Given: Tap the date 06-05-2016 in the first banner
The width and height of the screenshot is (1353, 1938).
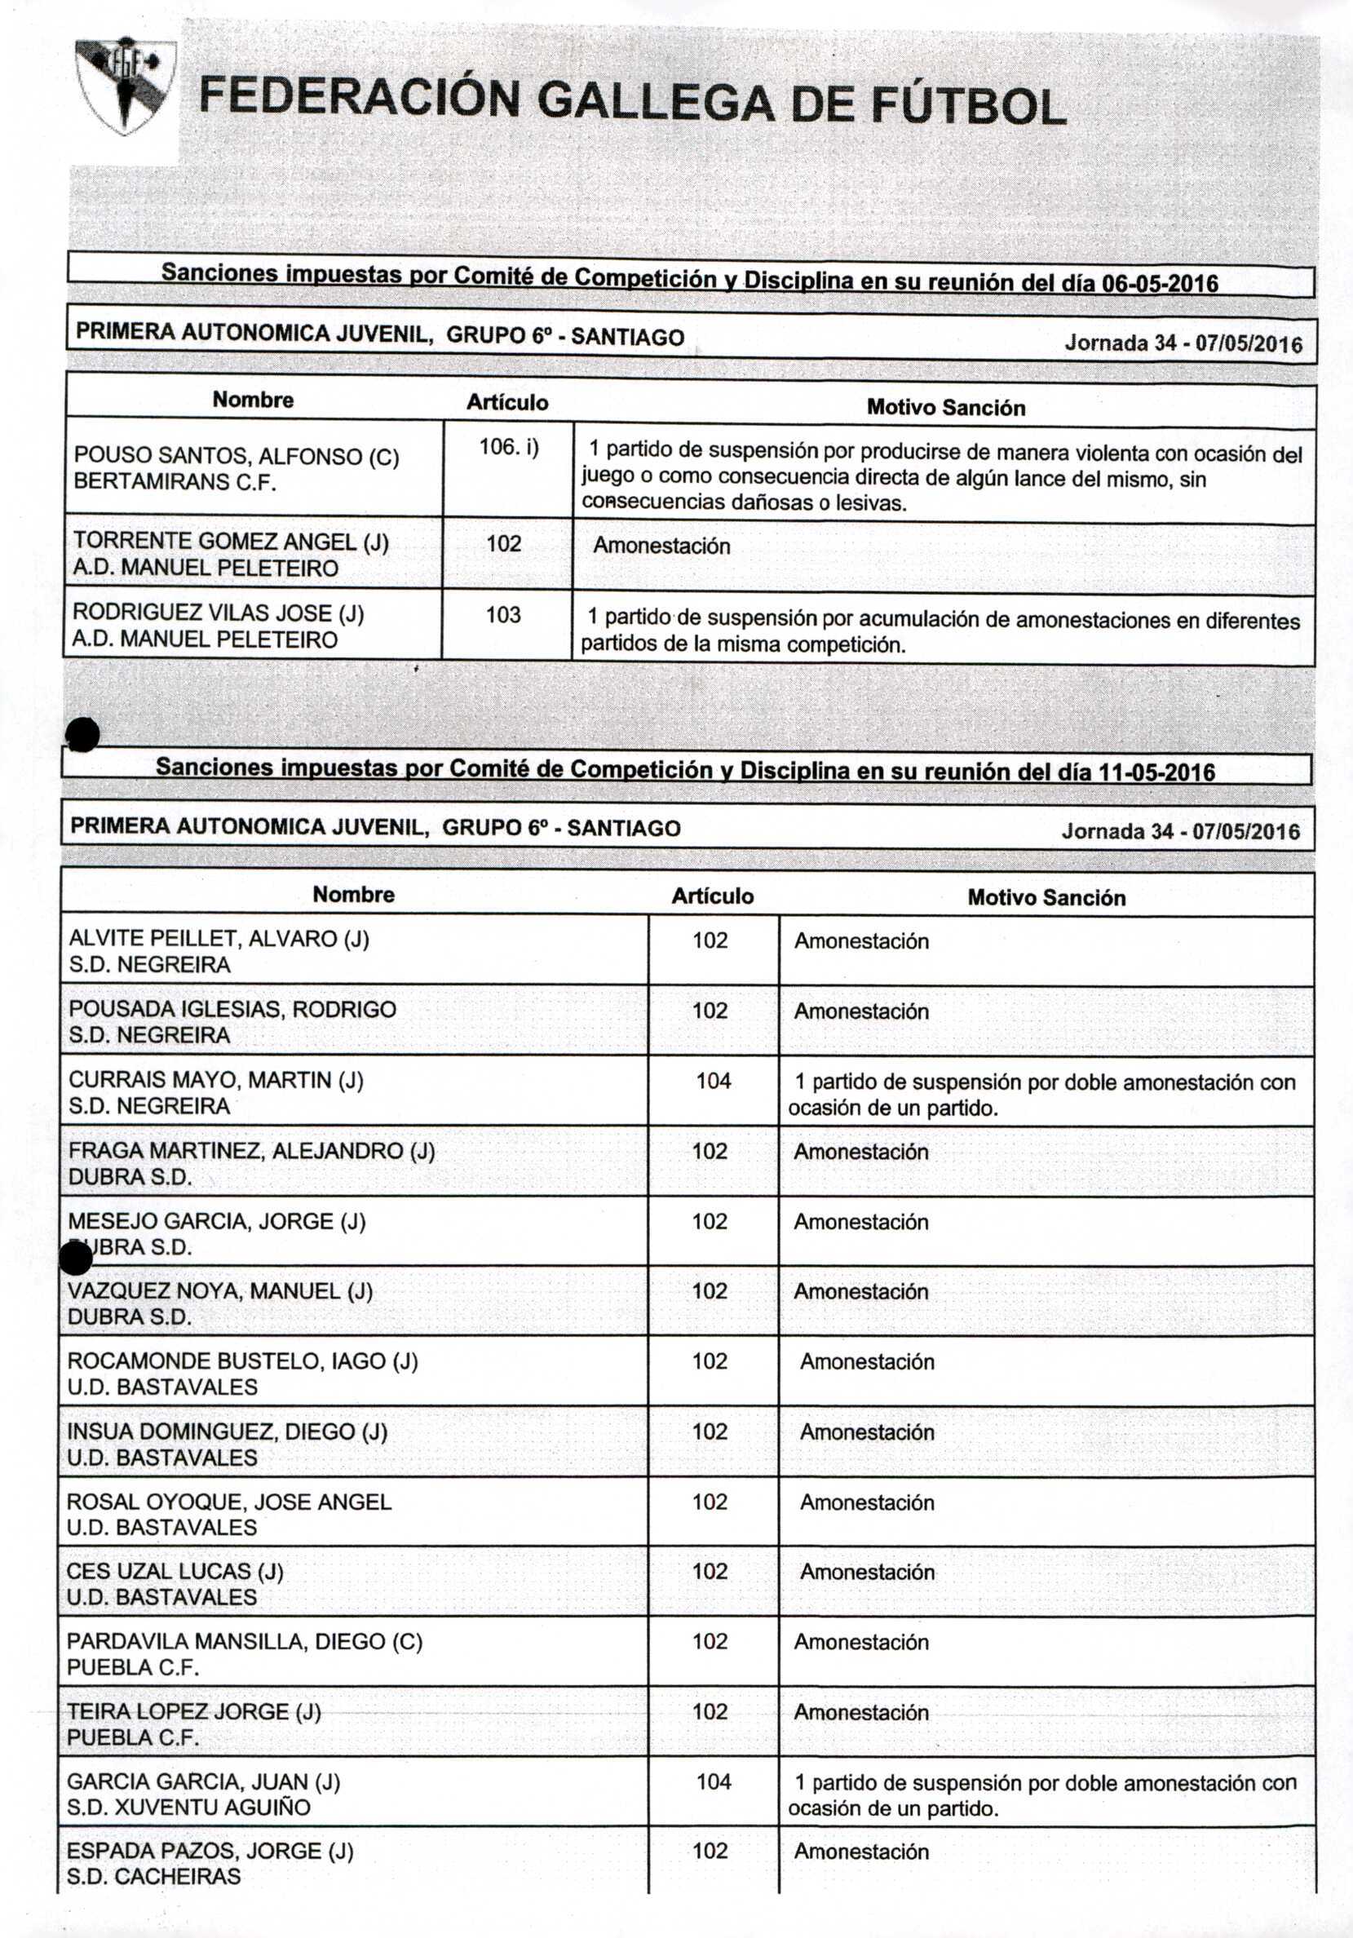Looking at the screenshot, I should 1161,284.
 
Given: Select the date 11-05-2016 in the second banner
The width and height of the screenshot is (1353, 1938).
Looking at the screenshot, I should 1156,772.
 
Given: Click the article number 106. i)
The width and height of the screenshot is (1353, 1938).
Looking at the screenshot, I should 508,447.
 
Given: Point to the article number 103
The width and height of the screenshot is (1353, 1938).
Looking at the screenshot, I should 503,614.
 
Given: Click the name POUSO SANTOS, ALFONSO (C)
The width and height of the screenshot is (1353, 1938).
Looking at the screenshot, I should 237,457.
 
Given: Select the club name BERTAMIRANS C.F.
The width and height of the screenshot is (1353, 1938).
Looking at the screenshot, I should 175,482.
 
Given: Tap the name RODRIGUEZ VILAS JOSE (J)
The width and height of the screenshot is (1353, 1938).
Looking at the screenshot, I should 219,613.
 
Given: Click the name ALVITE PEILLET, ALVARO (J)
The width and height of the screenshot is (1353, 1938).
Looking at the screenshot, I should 219,939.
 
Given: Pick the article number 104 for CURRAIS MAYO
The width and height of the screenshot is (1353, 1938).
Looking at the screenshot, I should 714,1081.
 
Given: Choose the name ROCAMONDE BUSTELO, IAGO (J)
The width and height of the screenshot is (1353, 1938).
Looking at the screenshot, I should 242,1361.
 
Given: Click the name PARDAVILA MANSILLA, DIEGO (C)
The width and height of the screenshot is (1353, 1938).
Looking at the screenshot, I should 245,1642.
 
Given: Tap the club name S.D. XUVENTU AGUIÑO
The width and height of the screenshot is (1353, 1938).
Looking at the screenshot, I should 189,1807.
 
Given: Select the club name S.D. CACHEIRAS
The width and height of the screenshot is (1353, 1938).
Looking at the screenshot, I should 154,1876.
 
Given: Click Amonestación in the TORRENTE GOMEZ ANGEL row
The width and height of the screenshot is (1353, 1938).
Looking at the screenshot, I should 661,546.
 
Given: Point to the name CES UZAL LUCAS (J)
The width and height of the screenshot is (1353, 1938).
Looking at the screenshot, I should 175,1571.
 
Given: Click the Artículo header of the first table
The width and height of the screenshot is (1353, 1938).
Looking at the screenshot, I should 507,403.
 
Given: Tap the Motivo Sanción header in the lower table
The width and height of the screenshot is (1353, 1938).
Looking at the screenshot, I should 1046,897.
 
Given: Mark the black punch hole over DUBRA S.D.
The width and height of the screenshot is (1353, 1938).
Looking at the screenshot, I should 77,1259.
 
